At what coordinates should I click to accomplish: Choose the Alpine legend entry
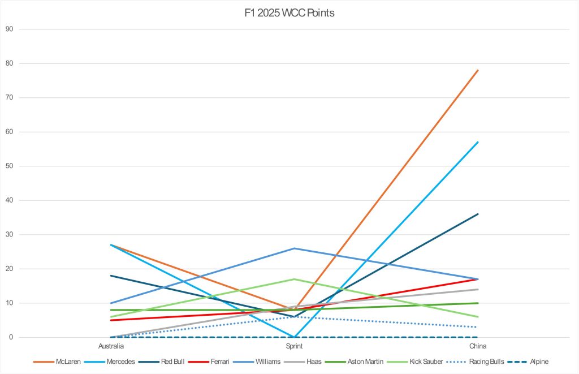pos(538,361)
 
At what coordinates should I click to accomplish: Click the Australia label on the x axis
pos(111,346)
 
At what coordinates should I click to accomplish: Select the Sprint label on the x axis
pos(294,346)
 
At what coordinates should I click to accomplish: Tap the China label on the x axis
pos(478,346)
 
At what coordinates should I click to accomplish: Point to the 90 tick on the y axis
pos(8,29)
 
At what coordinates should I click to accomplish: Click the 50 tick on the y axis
pos(8,166)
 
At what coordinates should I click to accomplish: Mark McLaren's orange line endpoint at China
pos(478,70)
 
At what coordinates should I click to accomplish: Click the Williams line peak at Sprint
pos(294,248)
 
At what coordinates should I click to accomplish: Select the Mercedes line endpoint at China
pos(478,142)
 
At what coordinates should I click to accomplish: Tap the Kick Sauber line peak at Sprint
pos(294,279)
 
